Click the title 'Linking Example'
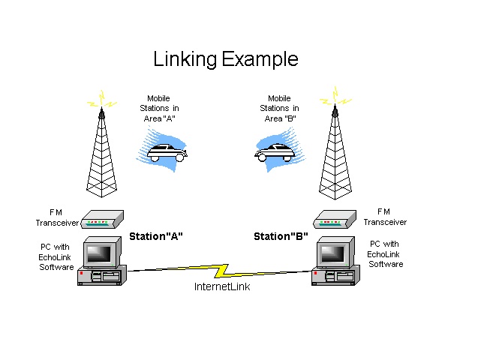pyautogui.click(x=225, y=59)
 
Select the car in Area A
pyautogui.click(x=167, y=153)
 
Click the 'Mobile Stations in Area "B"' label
pyautogui.click(x=279, y=108)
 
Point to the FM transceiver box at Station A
pyautogui.click(x=101, y=220)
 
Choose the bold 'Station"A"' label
pyautogui.click(x=156, y=237)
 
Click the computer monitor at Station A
pyautogui.click(x=101, y=252)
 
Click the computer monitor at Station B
pyautogui.click(x=334, y=253)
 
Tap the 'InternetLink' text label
pyautogui.click(x=222, y=286)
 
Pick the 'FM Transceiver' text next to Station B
pyautogui.click(x=385, y=217)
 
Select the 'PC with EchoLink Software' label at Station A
pyautogui.click(x=56, y=256)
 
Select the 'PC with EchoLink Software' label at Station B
pyautogui.click(x=386, y=254)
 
